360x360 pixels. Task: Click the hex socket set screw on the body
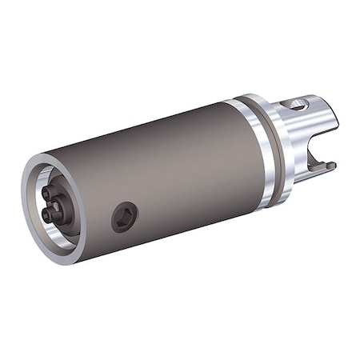[x=125, y=216]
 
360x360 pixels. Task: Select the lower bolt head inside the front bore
[x=50, y=214]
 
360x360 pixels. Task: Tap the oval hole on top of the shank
[x=298, y=103]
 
